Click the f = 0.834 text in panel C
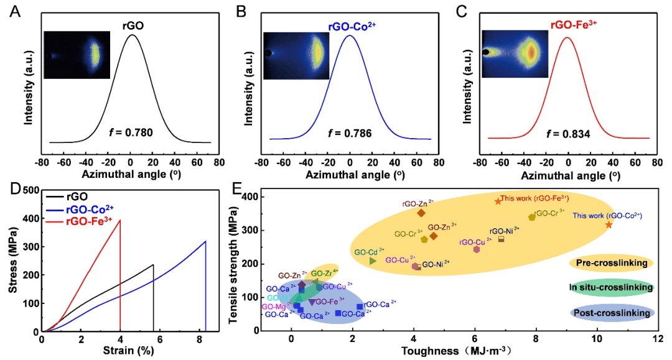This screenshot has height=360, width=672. tap(569, 133)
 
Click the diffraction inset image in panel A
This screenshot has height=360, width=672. tap(77, 55)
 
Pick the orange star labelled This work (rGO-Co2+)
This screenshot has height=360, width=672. tap(609, 224)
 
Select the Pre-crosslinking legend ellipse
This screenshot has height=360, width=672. tap(611, 263)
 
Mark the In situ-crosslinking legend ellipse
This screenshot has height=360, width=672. tap(611, 287)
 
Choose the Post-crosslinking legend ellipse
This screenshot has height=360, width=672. tap(611, 313)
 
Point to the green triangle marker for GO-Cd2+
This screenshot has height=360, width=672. tap(373, 261)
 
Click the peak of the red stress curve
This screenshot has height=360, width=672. tap(120, 220)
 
